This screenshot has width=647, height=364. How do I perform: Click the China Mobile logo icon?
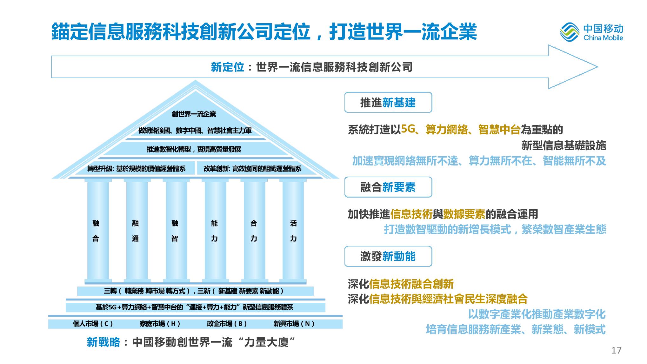pos(570,33)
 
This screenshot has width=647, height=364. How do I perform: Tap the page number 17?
pos(616,350)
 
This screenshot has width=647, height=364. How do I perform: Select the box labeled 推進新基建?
pos(388,103)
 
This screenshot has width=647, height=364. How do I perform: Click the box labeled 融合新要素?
pos(388,187)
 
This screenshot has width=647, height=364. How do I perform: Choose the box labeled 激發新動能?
pos(388,256)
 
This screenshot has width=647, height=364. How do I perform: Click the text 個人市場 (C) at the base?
pos(93,324)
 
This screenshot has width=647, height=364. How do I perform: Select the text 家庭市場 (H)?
pos(160,324)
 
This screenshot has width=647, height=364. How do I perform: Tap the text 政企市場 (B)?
pos(227,324)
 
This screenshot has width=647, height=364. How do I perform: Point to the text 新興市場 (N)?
pos(294,324)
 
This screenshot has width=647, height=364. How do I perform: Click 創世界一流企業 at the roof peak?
pos(194,114)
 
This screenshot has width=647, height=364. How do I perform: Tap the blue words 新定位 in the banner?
pos(227,67)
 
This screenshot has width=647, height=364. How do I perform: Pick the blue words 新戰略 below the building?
pos(103,342)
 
